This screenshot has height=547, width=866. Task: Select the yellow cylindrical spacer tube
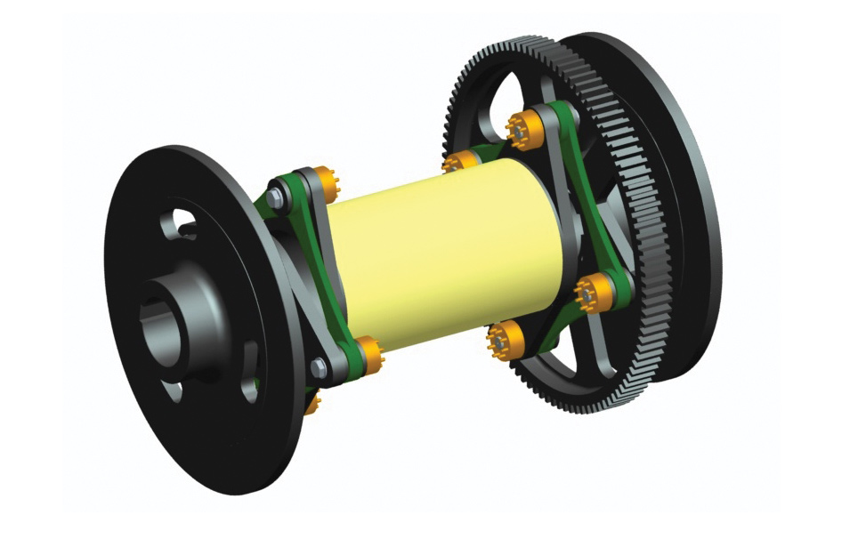point(445,258)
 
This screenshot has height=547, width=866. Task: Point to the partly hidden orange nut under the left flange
point(313,405)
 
